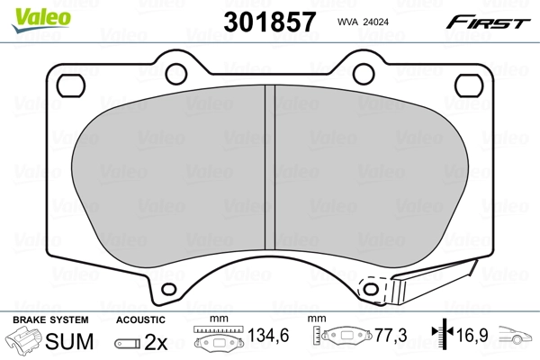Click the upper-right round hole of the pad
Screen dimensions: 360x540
(364, 73)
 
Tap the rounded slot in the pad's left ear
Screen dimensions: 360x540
(69, 85)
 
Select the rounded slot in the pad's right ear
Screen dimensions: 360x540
(469, 85)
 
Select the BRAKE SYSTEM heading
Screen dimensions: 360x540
(49, 319)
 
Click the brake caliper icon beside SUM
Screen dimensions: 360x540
(26, 343)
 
